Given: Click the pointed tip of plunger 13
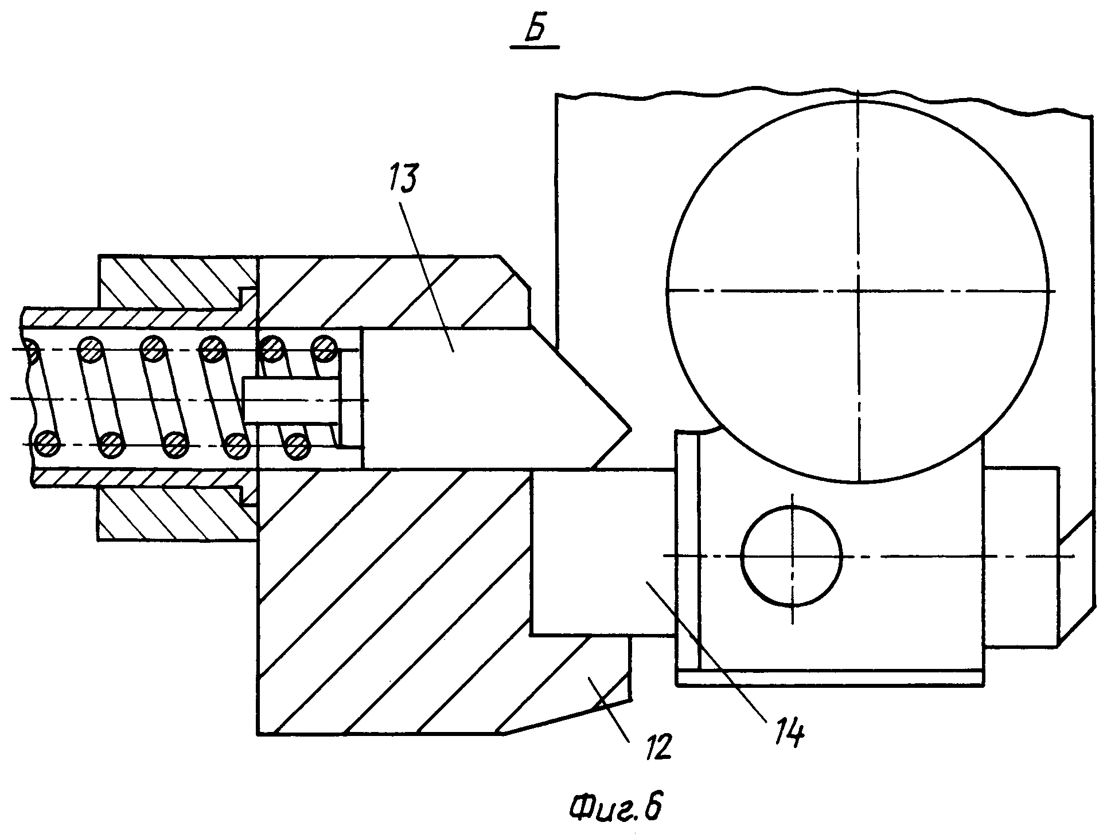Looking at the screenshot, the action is point(630,428).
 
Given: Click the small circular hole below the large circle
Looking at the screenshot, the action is point(792,555).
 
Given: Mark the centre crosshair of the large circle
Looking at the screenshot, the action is point(858,291).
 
